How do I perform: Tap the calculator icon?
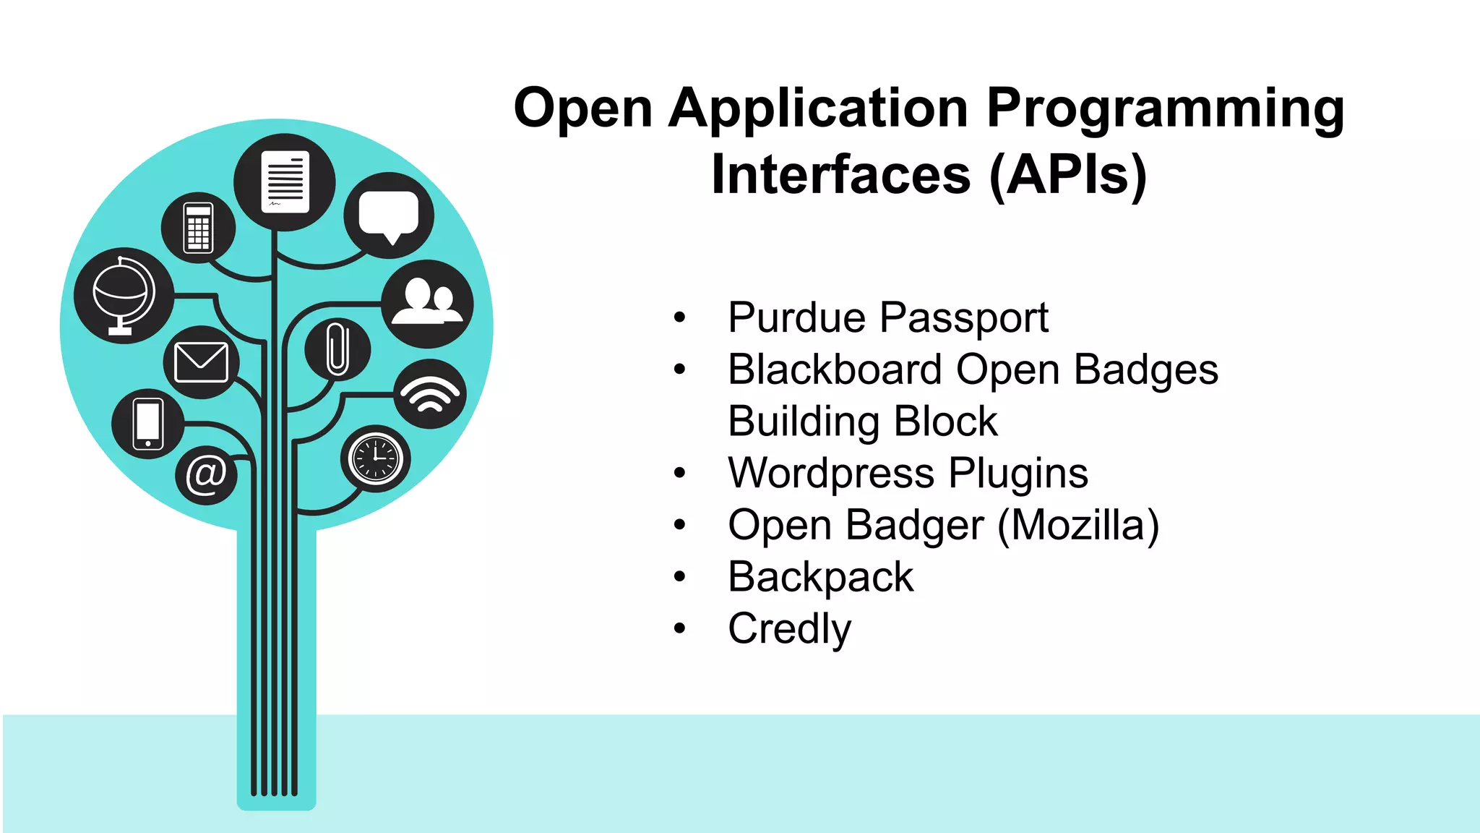click(x=198, y=228)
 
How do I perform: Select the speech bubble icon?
click(x=389, y=215)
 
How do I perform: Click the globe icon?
click(x=124, y=295)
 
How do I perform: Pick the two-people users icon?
click(x=427, y=304)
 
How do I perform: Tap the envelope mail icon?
click(x=201, y=362)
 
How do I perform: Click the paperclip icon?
click(x=337, y=349)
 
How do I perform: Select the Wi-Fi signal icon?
click(x=430, y=394)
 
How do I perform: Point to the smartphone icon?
click(x=147, y=424)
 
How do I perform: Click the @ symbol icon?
click(x=206, y=475)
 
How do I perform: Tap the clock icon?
click(x=375, y=458)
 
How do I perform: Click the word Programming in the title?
click(x=1165, y=108)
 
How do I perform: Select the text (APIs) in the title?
click(x=1067, y=175)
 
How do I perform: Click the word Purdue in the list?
click(x=796, y=317)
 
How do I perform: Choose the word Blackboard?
click(x=835, y=369)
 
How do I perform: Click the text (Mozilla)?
click(x=1078, y=525)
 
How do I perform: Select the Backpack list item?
click(x=820, y=577)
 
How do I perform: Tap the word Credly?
click(x=789, y=628)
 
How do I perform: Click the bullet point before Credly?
click(x=679, y=628)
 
